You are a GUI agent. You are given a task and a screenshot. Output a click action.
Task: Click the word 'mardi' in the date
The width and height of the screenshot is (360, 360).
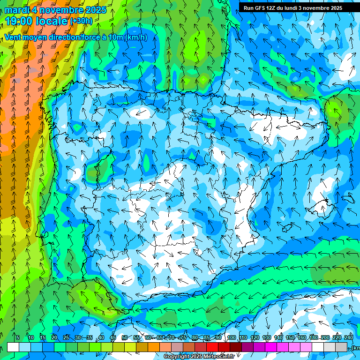(x=17, y=10)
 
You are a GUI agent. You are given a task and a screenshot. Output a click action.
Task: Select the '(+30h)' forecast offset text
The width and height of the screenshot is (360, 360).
(x=81, y=21)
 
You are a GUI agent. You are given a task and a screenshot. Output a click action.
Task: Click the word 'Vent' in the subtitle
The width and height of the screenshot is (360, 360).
(x=13, y=37)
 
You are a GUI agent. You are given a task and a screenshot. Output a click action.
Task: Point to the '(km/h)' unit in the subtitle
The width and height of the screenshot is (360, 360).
(x=136, y=37)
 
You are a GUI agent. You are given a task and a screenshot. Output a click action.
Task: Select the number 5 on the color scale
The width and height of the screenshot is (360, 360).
(x=18, y=337)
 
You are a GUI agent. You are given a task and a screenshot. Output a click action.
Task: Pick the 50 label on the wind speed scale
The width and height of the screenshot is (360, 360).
(x=124, y=337)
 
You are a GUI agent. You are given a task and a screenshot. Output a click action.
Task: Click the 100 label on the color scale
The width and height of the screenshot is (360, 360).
(x=232, y=337)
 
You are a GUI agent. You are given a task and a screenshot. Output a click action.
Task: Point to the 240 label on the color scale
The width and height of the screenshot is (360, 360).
(x=349, y=337)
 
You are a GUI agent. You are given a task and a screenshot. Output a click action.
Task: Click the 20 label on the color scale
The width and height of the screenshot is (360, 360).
(x=54, y=337)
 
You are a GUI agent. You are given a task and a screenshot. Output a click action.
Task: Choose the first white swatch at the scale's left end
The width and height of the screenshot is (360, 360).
(x=13, y=347)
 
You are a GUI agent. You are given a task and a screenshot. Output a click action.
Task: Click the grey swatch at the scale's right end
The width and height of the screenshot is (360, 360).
(x=342, y=347)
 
